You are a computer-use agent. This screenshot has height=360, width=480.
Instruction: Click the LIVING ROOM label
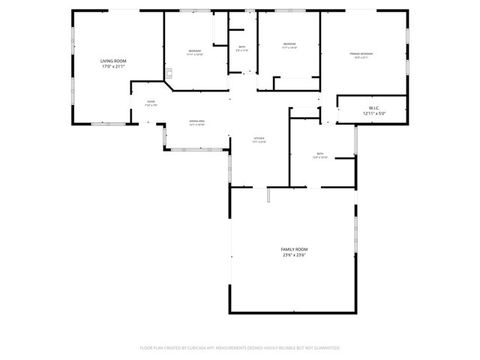coord(114,60)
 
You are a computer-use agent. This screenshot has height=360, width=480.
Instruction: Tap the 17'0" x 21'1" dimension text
coord(114,66)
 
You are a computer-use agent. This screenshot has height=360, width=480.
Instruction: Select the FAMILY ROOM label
coord(294,249)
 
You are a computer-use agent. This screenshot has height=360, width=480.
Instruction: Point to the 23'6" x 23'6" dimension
coord(294,255)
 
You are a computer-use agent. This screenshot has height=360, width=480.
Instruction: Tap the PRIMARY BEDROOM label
coord(361,54)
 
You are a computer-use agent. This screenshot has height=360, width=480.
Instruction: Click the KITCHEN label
coord(259,139)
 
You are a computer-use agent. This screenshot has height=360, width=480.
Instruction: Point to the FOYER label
coord(151,102)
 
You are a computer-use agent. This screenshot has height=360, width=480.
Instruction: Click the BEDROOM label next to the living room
coord(194,50)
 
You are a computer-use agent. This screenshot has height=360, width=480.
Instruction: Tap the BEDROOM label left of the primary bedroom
coord(289,43)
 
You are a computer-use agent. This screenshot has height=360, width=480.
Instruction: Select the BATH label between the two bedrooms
coord(242,46)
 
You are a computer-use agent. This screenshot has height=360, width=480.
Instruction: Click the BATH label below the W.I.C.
coord(320,154)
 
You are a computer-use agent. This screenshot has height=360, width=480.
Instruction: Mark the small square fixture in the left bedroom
coord(169,73)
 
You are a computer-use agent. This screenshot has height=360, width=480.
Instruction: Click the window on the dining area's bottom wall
coord(193,149)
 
